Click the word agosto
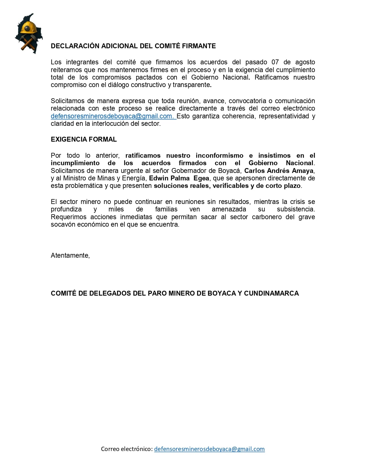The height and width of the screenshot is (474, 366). pyautogui.click(x=305, y=62)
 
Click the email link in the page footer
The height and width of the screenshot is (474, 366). pyautogui.click(x=209, y=449)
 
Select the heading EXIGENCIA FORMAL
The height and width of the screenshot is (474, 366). pyautogui.click(x=84, y=140)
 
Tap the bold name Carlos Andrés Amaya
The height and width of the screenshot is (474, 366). pyautogui.click(x=279, y=171)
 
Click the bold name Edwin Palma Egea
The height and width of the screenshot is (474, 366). pyautogui.click(x=179, y=178)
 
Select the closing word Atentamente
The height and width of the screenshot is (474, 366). pyautogui.click(x=70, y=255)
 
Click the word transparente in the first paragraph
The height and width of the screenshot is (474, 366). pyautogui.click(x=192, y=85)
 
